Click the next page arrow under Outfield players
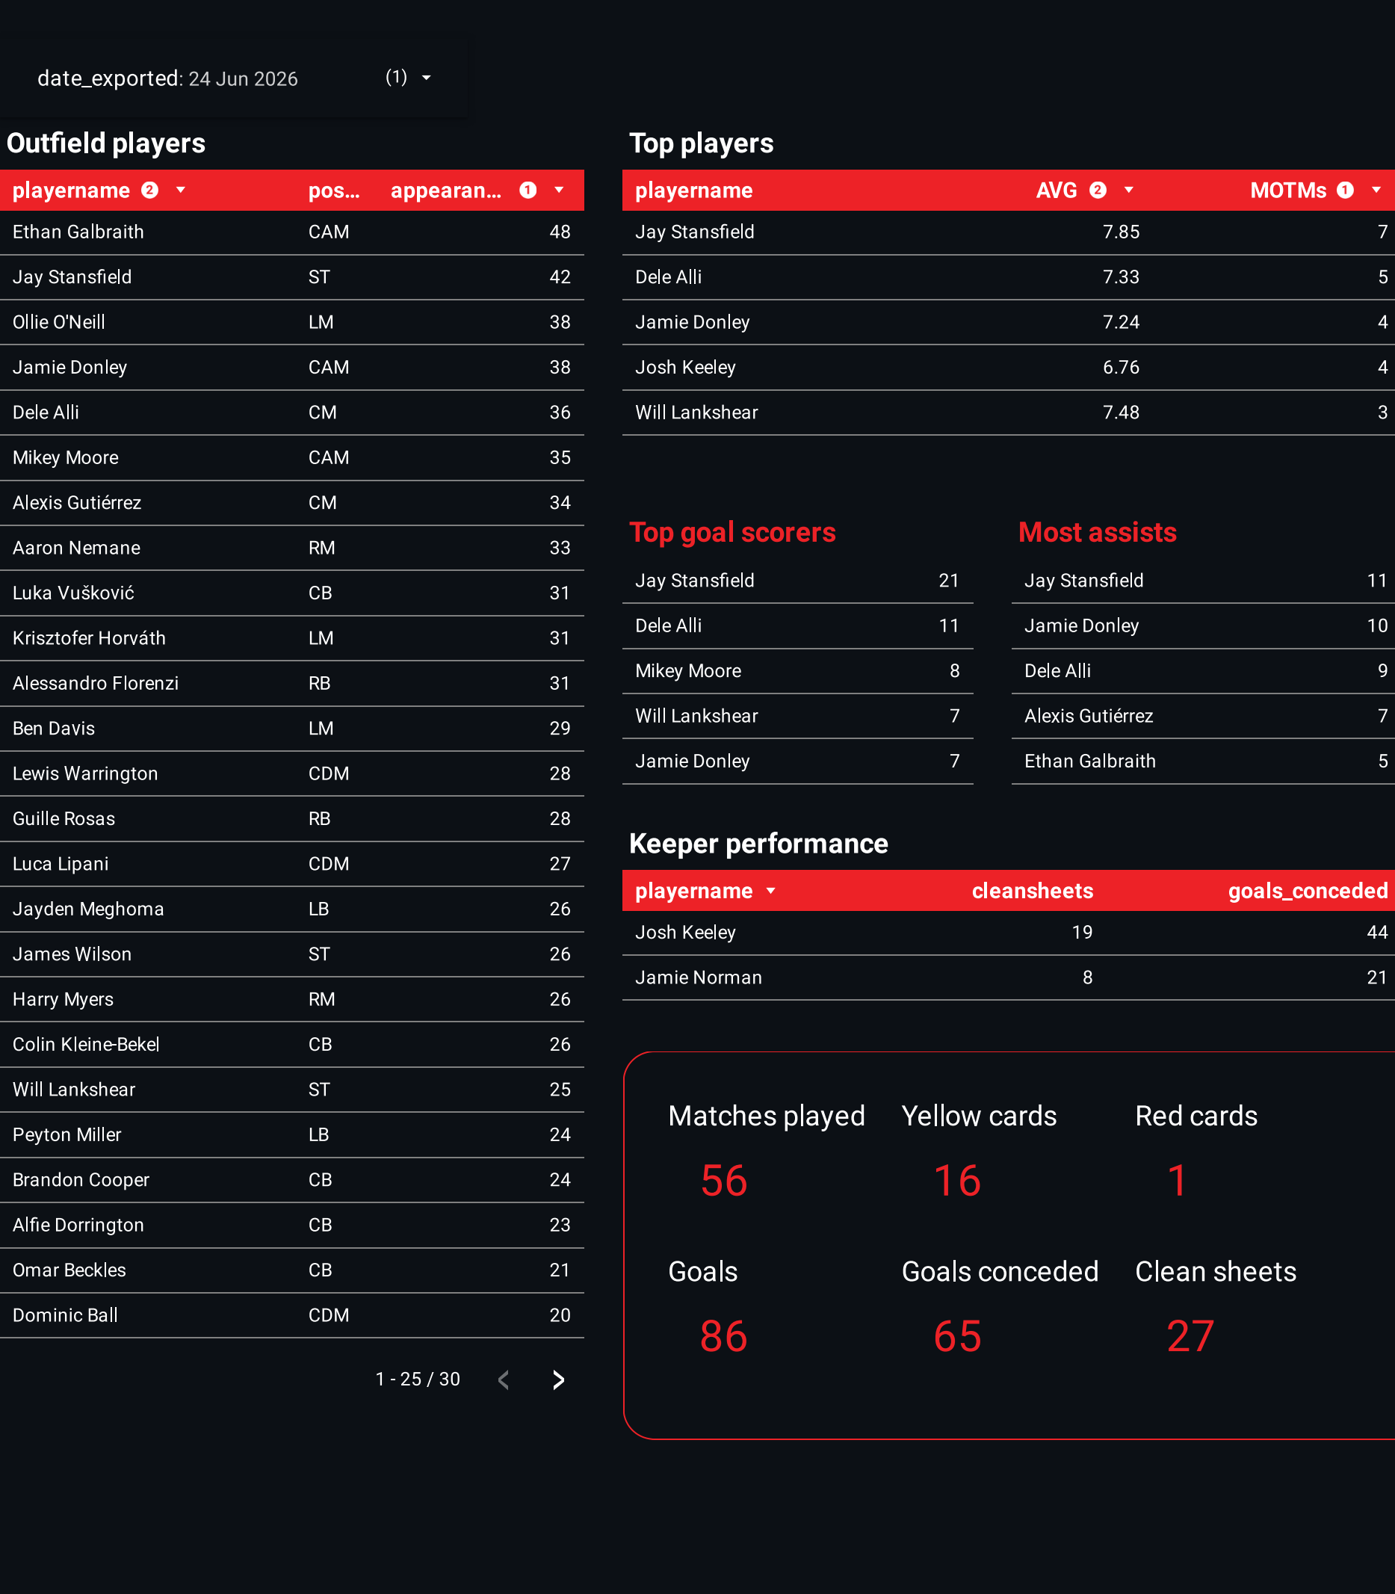[x=558, y=1380]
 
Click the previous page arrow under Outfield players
[x=504, y=1380]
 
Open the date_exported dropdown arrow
[x=426, y=78]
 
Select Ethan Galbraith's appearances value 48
[x=560, y=232]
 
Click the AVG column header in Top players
[x=1057, y=191]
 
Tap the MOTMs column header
[x=1287, y=191]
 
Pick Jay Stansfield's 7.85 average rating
[x=1120, y=232]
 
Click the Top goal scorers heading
[x=731, y=533]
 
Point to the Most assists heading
[x=1097, y=533]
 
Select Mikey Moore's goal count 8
[x=953, y=671]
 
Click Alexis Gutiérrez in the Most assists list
[x=1089, y=717]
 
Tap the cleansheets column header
[x=1031, y=891]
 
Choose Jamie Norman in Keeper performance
[x=699, y=978]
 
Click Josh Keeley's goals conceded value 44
[x=1376, y=933]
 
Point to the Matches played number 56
[x=723, y=1181]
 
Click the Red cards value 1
[x=1177, y=1181]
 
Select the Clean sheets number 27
[x=1190, y=1336]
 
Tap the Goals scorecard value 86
[x=723, y=1336]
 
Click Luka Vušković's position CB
[x=320, y=593]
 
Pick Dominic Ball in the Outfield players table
[x=66, y=1316]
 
